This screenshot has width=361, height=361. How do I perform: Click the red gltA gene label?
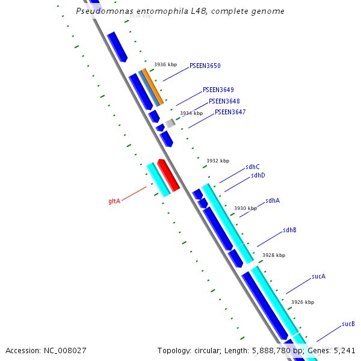point(114,201)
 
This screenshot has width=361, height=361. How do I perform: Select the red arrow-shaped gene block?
point(168,176)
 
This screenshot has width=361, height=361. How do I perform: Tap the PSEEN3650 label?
point(205,66)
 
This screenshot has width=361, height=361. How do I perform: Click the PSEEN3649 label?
point(218,90)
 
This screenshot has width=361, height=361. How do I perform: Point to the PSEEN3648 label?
point(224,101)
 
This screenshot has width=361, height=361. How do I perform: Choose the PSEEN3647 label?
point(230,112)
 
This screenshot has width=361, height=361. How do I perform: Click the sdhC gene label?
point(253,167)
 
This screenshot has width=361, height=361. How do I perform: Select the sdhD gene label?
point(258,175)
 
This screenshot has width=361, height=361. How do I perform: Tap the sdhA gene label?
point(273,200)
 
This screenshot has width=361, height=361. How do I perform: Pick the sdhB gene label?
point(289,230)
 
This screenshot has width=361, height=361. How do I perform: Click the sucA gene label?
point(318,277)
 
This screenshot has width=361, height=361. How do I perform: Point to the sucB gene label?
point(348,324)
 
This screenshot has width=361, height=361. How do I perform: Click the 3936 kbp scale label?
point(165,64)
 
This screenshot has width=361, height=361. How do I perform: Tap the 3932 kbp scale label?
point(218,161)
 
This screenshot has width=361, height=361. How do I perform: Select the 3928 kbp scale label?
point(274,255)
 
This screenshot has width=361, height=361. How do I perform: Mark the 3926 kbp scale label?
point(303,302)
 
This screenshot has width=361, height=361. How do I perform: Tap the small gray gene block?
point(170,123)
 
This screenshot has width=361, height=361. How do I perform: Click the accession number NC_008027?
point(46,350)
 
